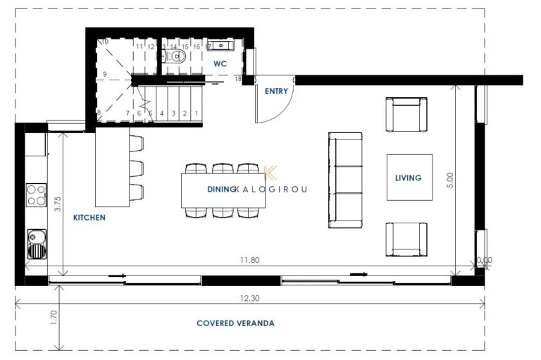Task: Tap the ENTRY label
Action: pyautogui.click(x=275, y=91)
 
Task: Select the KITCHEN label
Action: pyautogui.click(x=89, y=218)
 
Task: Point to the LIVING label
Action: pyautogui.click(x=409, y=178)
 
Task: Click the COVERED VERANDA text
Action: pyautogui.click(x=235, y=323)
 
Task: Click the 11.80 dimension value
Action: pyautogui.click(x=249, y=260)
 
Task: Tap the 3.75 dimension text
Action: pyautogui.click(x=58, y=204)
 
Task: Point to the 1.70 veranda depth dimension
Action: pyautogui.click(x=54, y=314)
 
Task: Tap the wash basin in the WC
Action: pyautogui.click(x=225, y=46)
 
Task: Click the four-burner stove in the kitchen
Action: pyautogui.click(x=36, y=194)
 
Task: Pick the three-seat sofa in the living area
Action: pyautogui.click(x=345, y=180)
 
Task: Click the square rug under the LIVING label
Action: pyautogui.click(x=409, y=178)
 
